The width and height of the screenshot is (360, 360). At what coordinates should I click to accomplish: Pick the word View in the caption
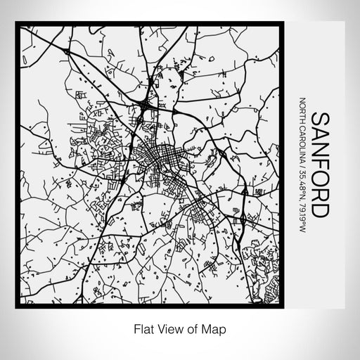[167, 328]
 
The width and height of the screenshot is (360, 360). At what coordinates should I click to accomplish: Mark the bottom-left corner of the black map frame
[16, 307]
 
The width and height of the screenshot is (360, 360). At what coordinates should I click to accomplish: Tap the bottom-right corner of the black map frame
[283, 307]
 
